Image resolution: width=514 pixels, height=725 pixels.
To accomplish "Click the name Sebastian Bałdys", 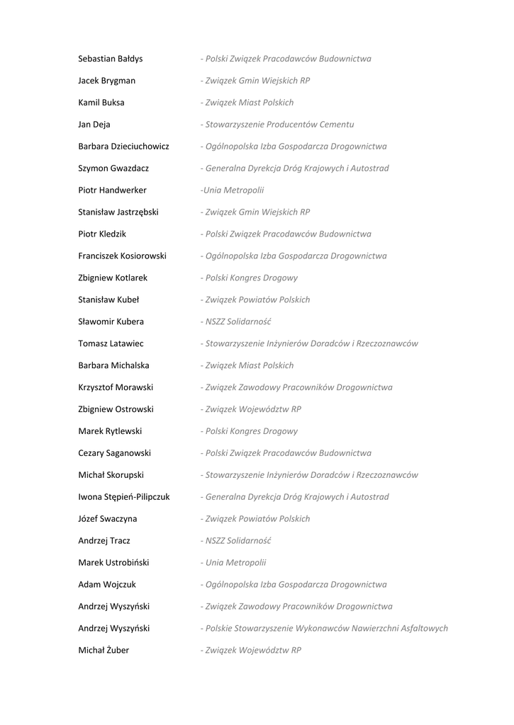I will pos(110,59).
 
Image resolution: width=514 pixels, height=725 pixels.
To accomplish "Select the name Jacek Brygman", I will pos(106,81).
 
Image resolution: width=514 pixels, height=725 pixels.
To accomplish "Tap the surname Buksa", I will pos(112,103).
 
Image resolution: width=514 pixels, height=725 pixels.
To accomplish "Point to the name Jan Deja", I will pos(94,125).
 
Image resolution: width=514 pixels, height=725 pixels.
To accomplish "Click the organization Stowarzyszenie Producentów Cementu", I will pos(279,125).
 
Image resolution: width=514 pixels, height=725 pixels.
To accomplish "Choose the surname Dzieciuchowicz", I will pos(140,147).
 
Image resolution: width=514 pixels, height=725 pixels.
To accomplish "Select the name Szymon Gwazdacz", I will pos(113,169).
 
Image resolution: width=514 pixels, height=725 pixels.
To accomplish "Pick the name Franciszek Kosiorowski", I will pos(122,256).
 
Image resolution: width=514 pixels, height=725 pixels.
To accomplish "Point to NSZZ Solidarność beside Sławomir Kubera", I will pos(238,322).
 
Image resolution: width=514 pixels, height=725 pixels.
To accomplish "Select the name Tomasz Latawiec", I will pos(111,344).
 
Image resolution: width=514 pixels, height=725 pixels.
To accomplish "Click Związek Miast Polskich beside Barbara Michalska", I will pos(249,366).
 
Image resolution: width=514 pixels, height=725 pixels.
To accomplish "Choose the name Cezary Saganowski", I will pos(114,453).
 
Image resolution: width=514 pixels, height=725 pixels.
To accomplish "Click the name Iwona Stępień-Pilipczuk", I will pos(124,497).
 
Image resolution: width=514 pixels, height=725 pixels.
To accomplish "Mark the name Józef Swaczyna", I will pos(108,519).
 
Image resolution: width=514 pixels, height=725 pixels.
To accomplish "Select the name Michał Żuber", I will pos(104,651).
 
